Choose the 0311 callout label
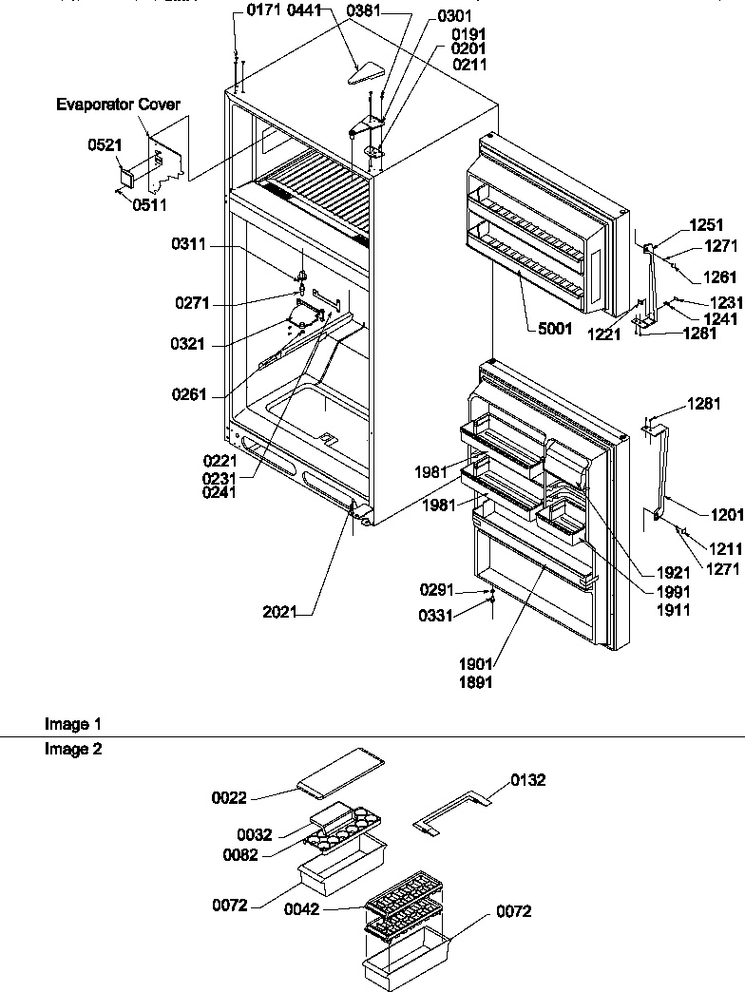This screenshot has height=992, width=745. pyautogui.click(x=188, y=244)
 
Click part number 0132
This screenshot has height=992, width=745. pyautogui.click(x=528, y=781)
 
